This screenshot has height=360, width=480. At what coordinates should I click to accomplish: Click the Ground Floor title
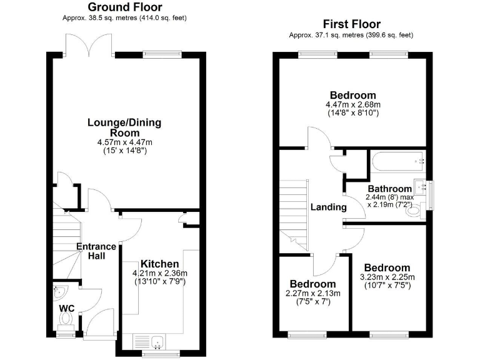(125, 7)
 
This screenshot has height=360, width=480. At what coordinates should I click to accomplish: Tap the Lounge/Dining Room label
(124, 127)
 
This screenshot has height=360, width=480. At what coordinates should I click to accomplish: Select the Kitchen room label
(159, 264)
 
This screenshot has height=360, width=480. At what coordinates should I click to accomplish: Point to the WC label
(67, 309)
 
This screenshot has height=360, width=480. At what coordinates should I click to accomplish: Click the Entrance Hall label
(96, 251)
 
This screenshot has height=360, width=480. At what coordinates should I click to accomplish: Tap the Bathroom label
(389, 188)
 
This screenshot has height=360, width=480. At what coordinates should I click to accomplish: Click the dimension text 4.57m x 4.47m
(124, 142)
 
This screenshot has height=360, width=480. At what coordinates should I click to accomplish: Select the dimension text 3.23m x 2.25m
(387, 277)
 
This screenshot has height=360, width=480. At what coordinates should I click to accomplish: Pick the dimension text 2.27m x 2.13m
(312, 293)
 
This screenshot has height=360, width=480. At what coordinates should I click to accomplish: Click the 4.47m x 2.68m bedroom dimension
(353, 104)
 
